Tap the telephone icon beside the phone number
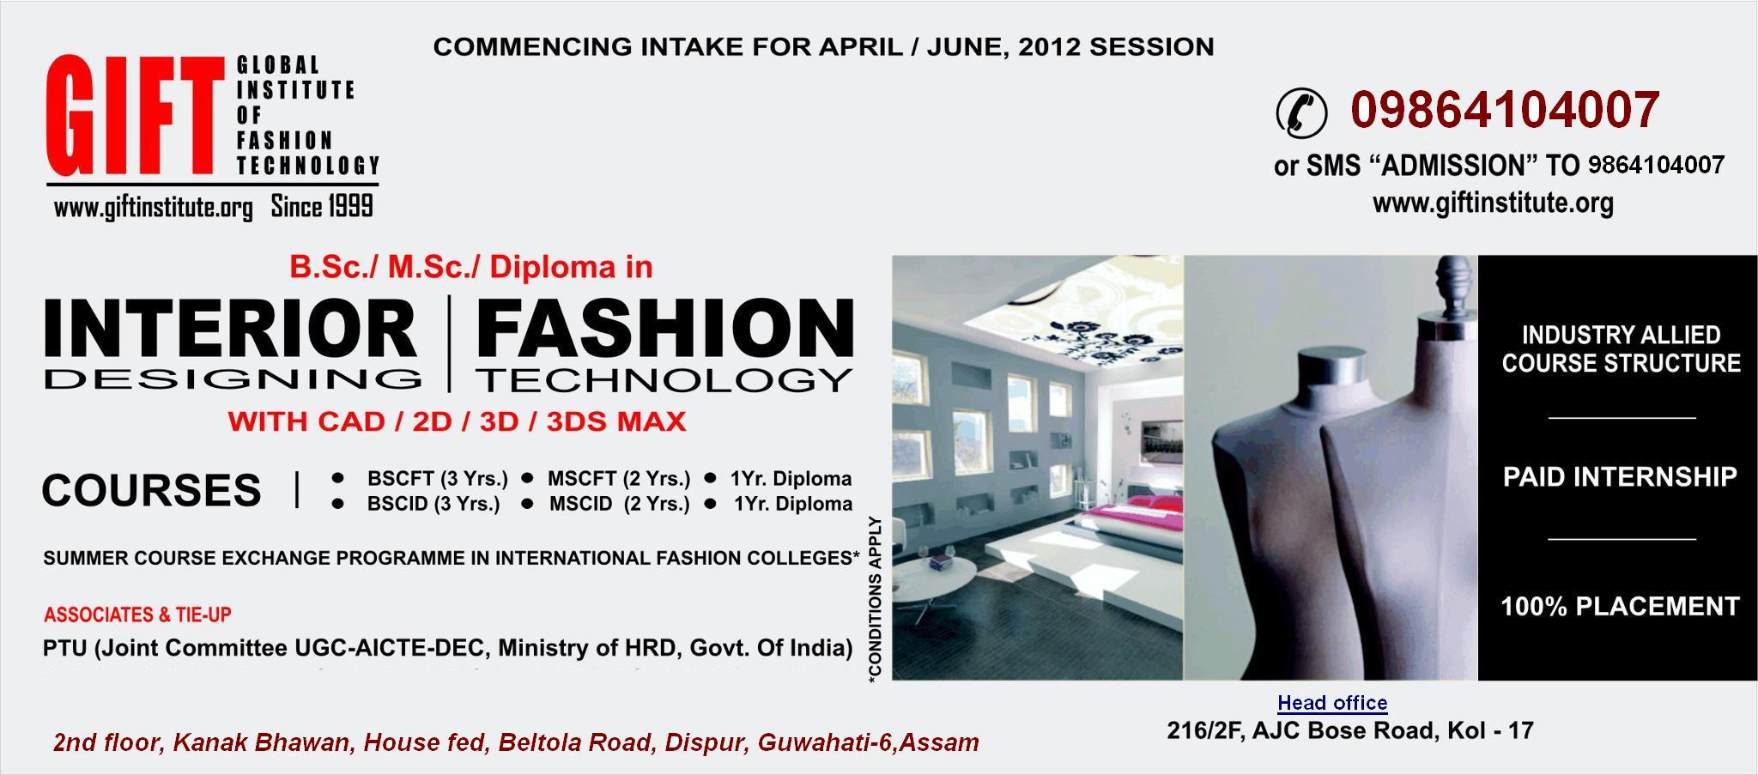(1300, 112)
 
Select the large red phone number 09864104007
(1505, 110)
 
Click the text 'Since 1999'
(322, 207)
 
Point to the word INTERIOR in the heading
(230, 329)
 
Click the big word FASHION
(665, 329)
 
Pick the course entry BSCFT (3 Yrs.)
(437, 478)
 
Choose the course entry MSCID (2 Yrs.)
(619, 504)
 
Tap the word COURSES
(151, 490)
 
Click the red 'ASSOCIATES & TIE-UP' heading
(137, 615)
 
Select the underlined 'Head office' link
(1332, 703)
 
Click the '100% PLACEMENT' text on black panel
(1620, 607)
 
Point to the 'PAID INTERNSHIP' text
(1620, 477)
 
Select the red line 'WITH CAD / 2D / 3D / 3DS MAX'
(457, 421)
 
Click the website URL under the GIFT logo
(153, 209)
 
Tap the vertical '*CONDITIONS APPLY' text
(875, 600)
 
